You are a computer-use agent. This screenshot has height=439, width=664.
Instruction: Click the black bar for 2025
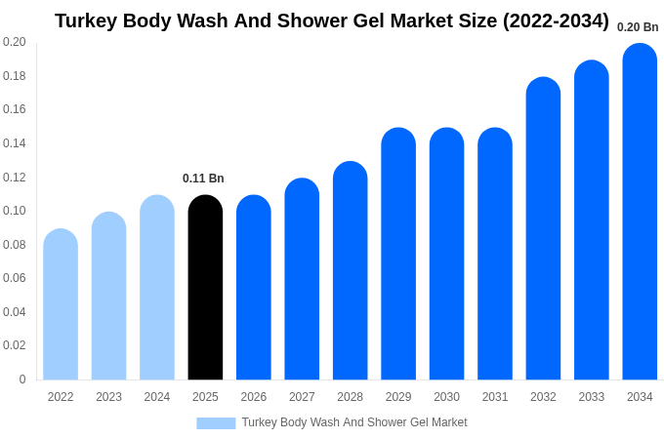tap(205, 288)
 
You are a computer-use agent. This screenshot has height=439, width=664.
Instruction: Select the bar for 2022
tap(61, 304)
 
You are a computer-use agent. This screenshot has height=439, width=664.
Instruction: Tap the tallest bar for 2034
tap(640, 212)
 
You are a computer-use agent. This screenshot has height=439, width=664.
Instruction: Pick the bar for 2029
tap(398, 254)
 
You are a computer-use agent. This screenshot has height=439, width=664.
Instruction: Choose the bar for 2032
tap(543, 228)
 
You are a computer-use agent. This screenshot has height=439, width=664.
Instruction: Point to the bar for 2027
tap(302, 279)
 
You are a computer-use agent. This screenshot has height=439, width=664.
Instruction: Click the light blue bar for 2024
tap(157, 288)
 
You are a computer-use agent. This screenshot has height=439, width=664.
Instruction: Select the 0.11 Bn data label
tap(203, 179)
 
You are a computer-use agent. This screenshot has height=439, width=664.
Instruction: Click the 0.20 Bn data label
tap(638, 27)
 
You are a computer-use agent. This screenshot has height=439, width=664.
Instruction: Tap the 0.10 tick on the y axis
tap(15, 211)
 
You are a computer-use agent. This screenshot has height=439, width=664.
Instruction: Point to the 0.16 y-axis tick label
tap(15, 109)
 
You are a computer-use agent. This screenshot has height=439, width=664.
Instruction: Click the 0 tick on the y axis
tap(22, 379)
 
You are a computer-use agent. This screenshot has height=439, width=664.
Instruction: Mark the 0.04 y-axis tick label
tap(15, 312)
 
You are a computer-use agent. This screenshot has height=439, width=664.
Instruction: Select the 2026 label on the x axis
tap(254, 397)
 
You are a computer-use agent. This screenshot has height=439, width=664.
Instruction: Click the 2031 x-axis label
tap(495, 397)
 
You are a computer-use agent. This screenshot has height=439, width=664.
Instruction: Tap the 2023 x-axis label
tap(108, 397)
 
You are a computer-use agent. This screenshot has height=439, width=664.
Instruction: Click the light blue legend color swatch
tap(216, 423)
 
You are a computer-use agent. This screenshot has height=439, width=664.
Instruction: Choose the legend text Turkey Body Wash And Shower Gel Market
tap(354, 422)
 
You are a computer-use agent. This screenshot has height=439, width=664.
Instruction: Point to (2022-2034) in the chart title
tap(556, 20)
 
